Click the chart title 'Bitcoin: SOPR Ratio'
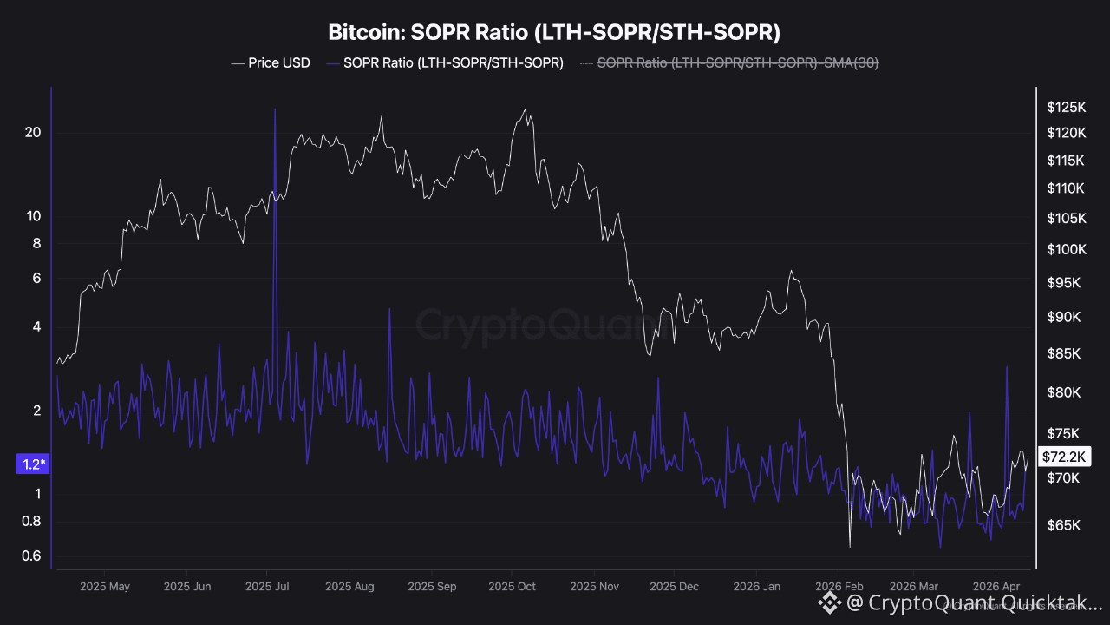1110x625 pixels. coord(554,33)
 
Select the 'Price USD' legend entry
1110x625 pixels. coord(271,62)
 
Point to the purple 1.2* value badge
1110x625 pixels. coord(33,464)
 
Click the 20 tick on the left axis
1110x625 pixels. coord(33,132)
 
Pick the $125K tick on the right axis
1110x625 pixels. coord(1066,108)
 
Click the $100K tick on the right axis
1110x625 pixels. coord(1066,250)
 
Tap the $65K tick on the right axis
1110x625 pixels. coord(1064,525)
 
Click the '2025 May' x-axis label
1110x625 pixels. coord(104,587)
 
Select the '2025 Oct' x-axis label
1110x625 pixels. coord(512,587)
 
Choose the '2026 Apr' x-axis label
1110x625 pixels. coord(997,587)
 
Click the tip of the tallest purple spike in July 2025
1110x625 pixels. coord(275,109)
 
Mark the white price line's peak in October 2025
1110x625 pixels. coord(525,109)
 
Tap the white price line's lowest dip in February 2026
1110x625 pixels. coord(850,547)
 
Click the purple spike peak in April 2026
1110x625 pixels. coord(1007,367)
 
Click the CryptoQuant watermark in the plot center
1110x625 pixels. coord(536,325)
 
